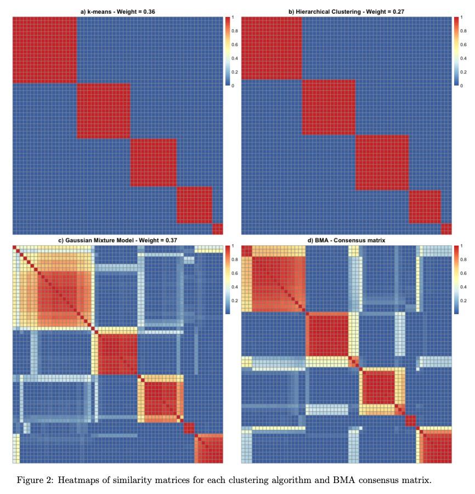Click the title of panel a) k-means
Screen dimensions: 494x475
pos(117,12)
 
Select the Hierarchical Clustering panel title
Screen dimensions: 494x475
pos(347,12)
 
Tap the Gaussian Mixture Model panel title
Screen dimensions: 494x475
pos(117,240)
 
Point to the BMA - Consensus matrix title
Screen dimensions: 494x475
pos(347,240)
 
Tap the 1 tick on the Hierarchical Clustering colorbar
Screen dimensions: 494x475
pos(462,18)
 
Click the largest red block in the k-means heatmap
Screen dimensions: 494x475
pos(44,49)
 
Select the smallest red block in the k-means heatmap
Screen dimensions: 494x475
pos(218,229)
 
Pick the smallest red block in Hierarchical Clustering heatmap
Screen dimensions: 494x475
pos(446,229)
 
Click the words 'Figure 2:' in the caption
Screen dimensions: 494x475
pos(33,480)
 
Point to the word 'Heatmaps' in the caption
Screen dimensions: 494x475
pos(76,480)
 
